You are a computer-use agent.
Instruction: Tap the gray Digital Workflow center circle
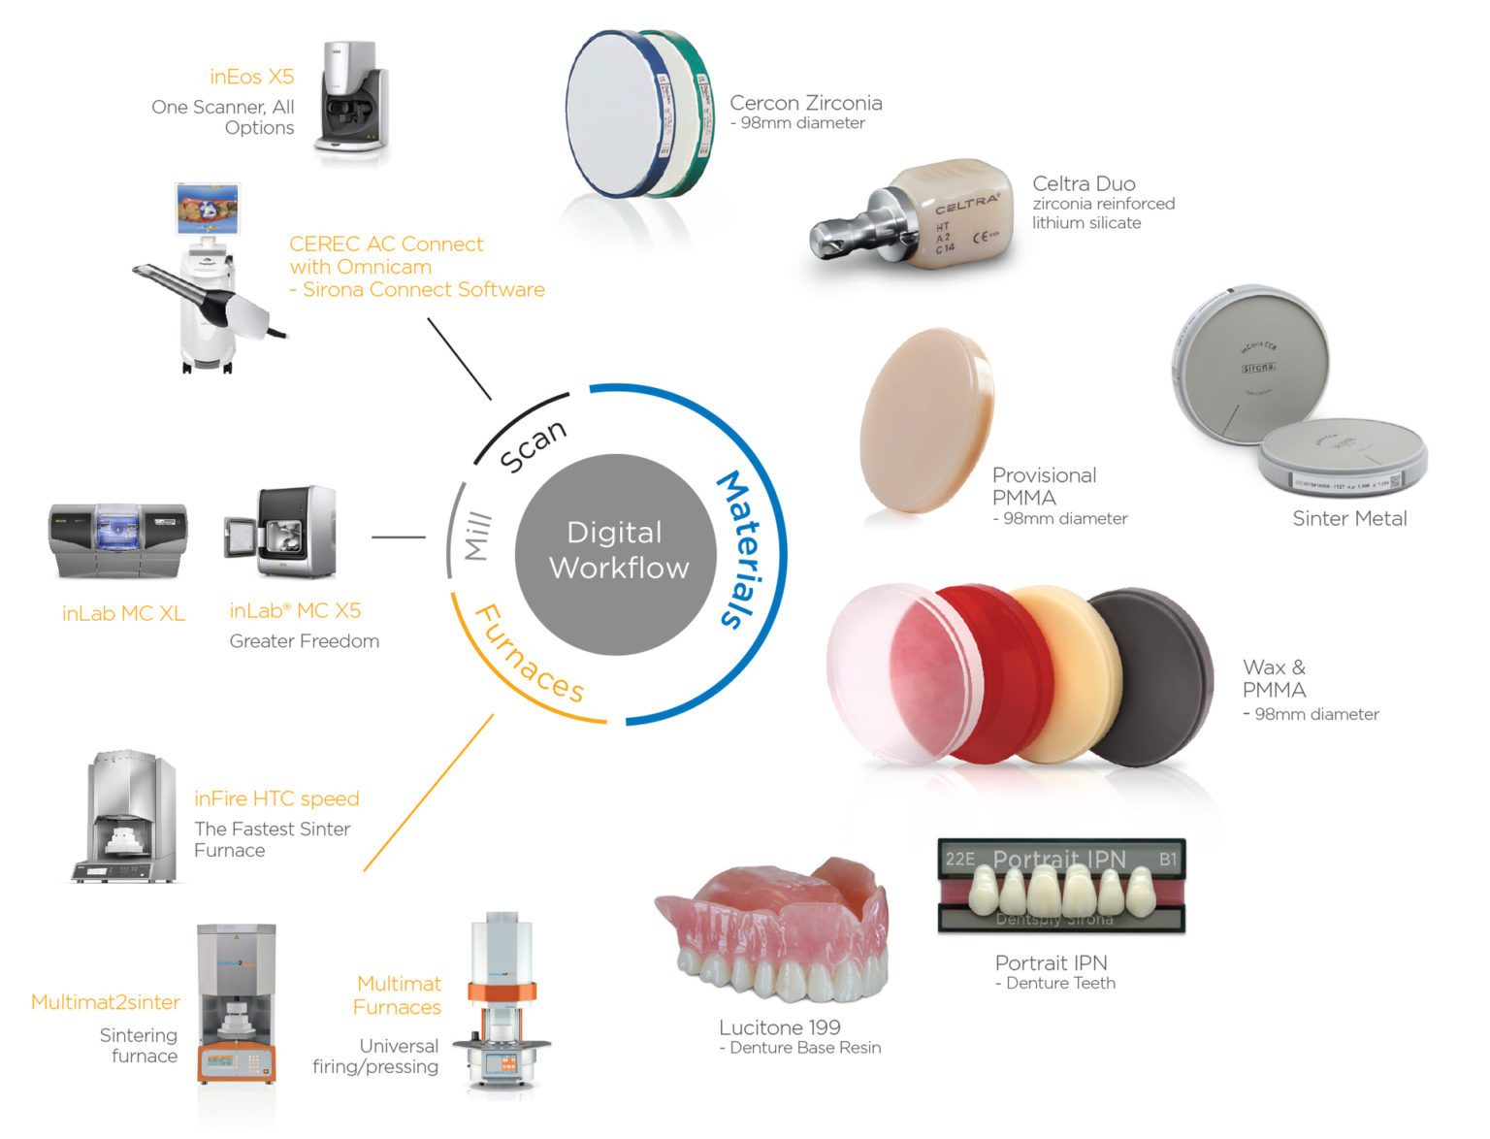point(616,551)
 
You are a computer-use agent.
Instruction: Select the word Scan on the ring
point(533,445)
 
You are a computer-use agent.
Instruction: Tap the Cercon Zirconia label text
point(805,103)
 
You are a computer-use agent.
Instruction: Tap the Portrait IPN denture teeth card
point(1061,886)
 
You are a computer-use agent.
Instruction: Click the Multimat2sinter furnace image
point(236,1004)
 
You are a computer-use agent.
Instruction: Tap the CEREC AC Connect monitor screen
point(208,209)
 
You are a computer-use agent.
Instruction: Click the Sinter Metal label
point(1348,518)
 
